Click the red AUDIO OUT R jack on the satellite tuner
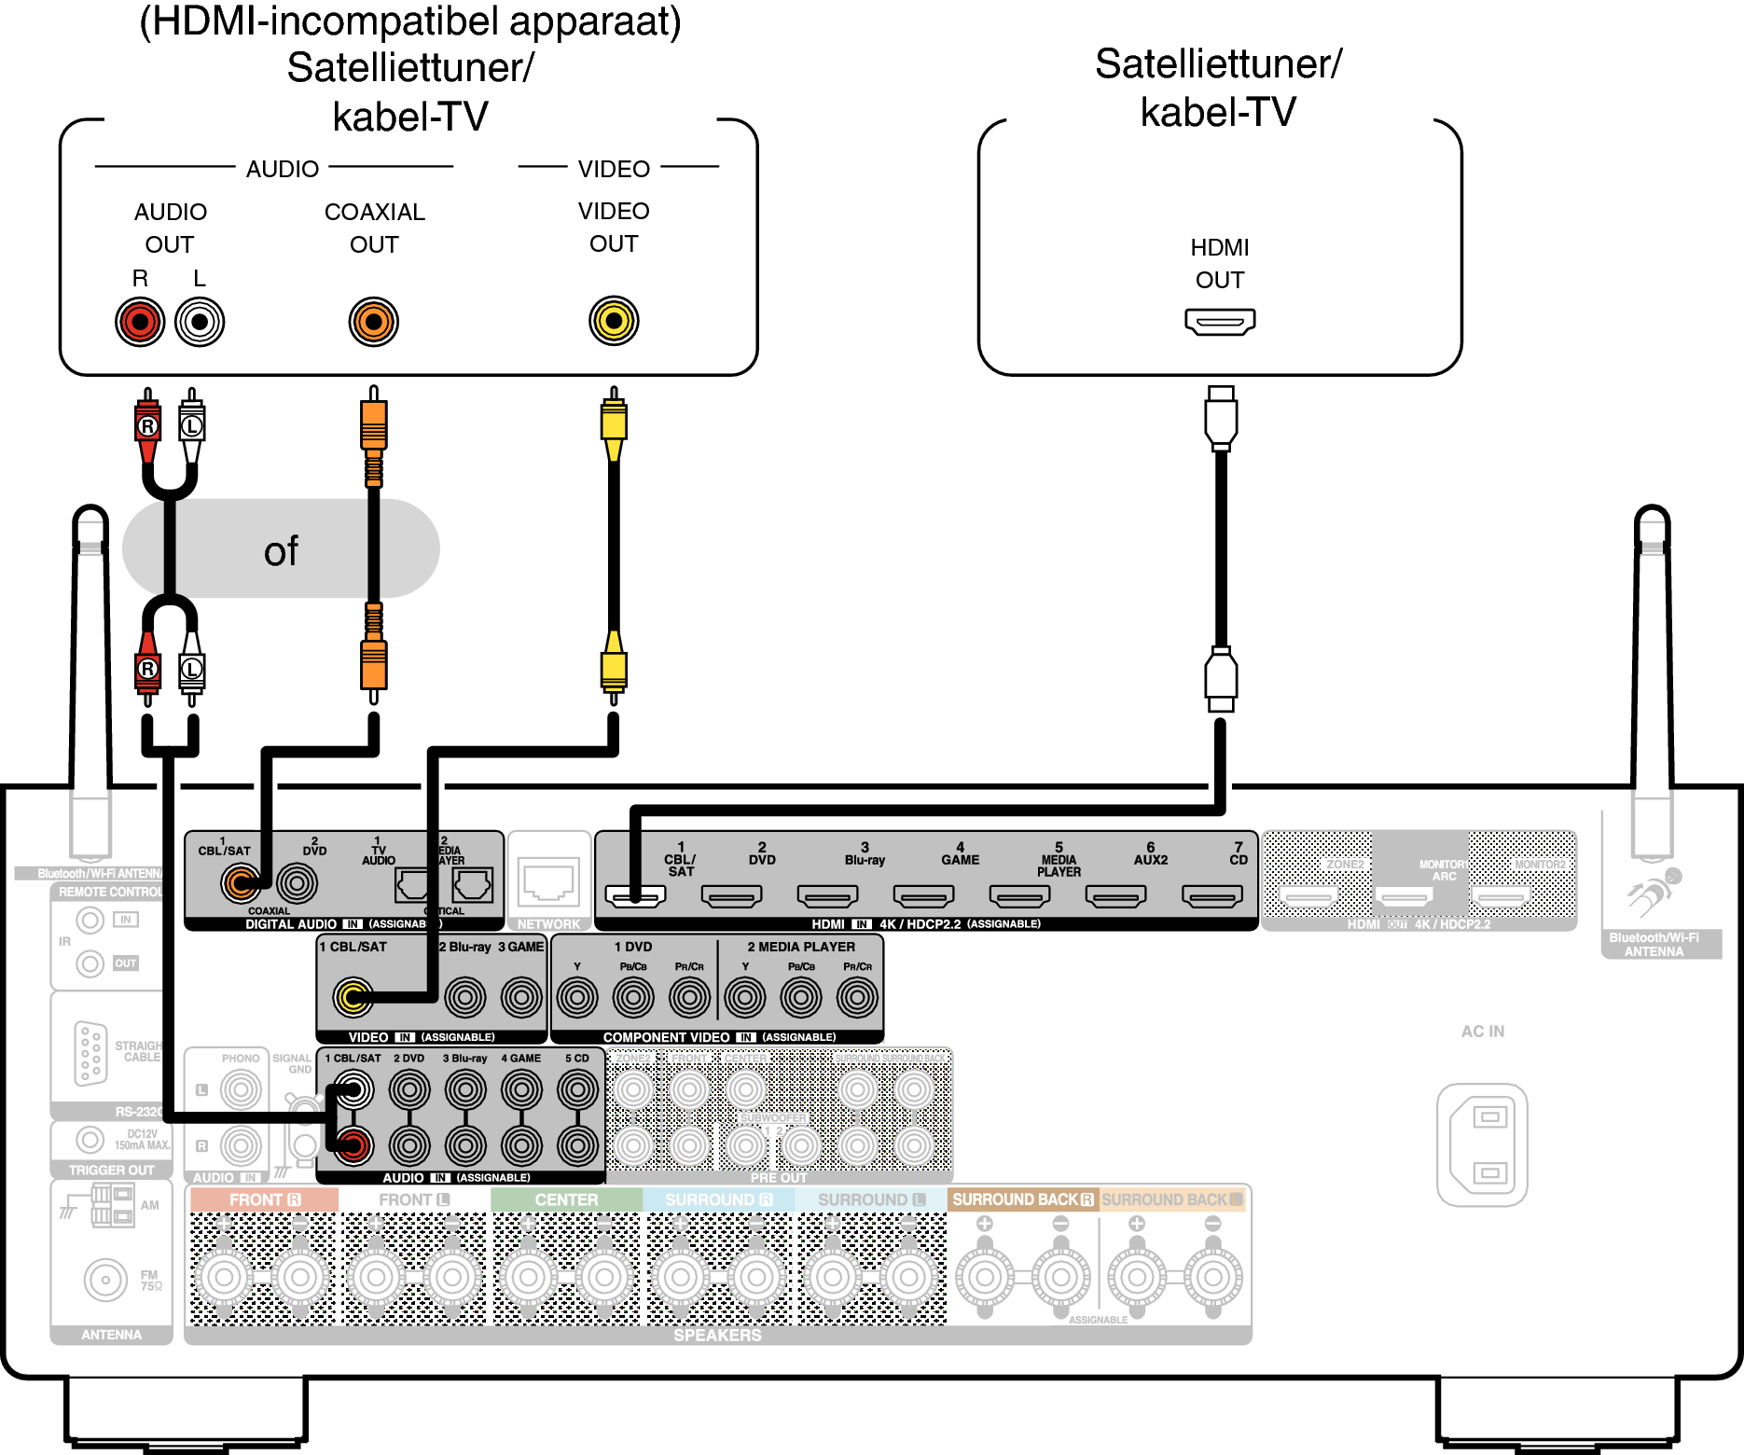pos(140,323)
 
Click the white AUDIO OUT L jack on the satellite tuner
pos(200,323)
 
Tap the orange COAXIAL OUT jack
pos(374,322)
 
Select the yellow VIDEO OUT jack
pos(614,321)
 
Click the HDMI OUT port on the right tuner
pos(1220,322)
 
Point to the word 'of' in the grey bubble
pos(281,551)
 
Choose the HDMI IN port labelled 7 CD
pos(1211,896)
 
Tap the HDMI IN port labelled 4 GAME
pos(923,896)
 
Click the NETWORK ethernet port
pos(548,882)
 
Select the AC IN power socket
pos(1482,1144)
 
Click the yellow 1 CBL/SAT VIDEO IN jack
pos(353,997)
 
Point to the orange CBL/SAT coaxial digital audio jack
pos(241,881)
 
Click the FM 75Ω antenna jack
pos(105,1280)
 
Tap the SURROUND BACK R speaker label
pos(1022,1199)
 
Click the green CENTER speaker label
pos(566,1199)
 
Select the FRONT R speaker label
pos(264,1199)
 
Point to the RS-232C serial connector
pos(90,1053)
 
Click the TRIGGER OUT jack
pos(90,1139)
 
